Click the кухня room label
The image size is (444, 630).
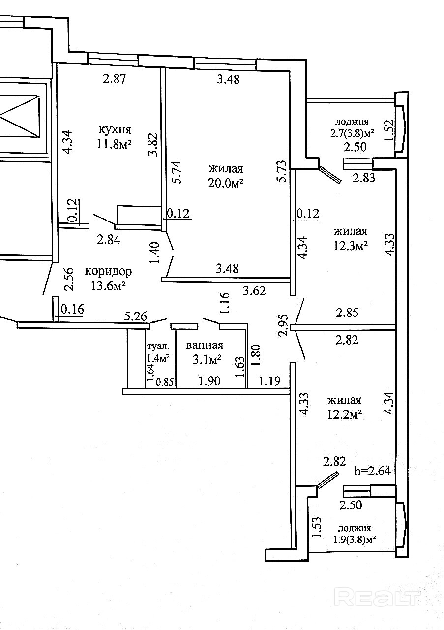click(x=115, y=130)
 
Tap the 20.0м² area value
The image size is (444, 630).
click(x=226, y=184)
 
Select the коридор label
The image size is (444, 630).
click(x=109, y=272)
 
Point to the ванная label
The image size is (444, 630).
click(x=205, y=345)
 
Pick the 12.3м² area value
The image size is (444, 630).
click(x=351, y=246)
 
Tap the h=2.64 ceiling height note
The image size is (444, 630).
click(x=373, y=471)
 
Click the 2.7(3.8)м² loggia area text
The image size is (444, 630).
click(x=352, y=133)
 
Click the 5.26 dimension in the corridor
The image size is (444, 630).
click(x=136, y=316)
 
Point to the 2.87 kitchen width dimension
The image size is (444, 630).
click(x=115, y=78)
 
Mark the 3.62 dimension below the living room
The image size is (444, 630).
click(x=254, y=291)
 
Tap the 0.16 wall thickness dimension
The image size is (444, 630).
click(x=72, y=309)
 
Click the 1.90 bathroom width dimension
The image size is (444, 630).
click(x=209, y=381)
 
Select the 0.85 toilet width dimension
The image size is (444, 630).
click(x=165, y=382)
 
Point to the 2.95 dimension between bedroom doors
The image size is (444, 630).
click(x=283, y=325)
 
